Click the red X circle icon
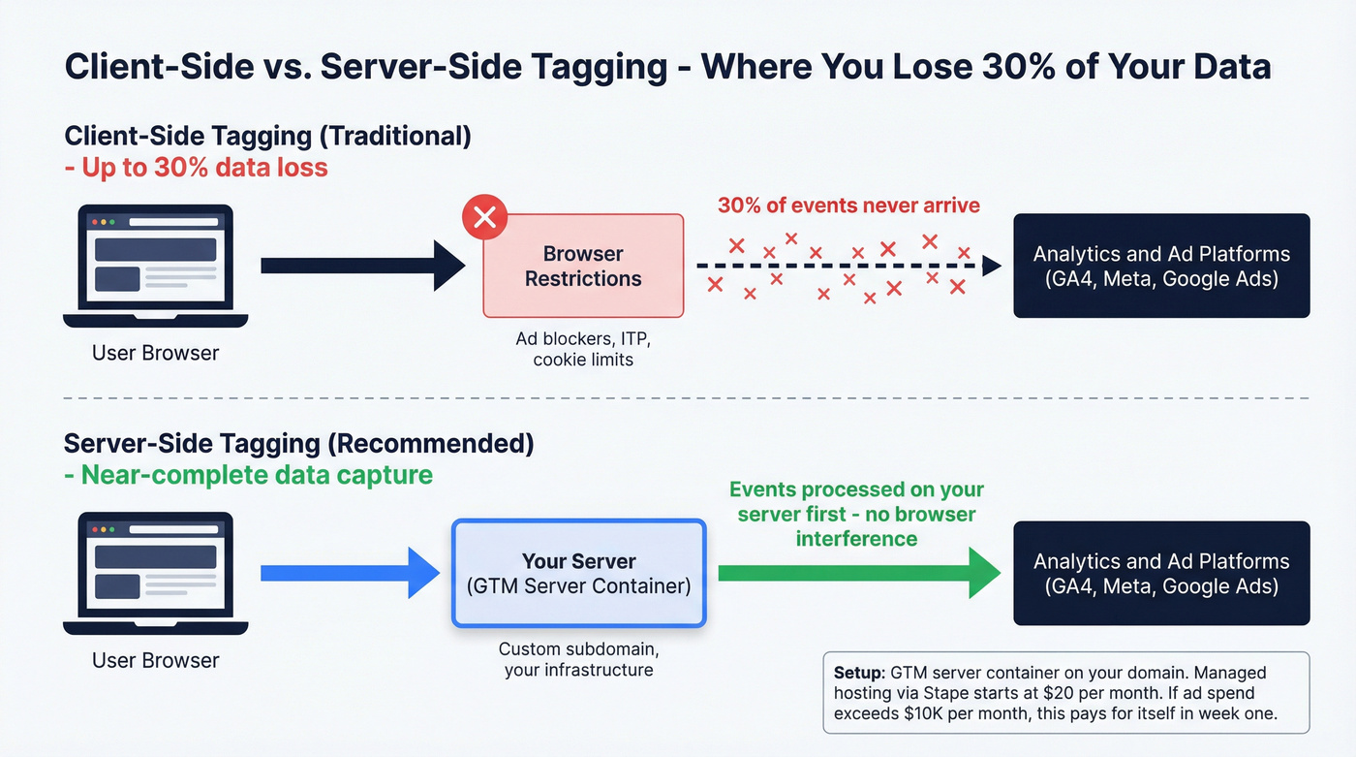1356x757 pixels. (485, 217)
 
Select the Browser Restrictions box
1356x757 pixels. (583, 267)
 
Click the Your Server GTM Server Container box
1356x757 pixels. (579, 574)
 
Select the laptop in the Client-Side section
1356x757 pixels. (155, 267)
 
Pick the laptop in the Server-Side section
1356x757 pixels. (155, 574)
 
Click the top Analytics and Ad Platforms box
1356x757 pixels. (1161, 267)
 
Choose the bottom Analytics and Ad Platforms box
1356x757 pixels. (1161, 574)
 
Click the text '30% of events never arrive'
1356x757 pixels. (848, 205)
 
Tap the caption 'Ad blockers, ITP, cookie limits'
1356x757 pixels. (583, 349)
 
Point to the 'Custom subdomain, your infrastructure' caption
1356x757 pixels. (578, 659)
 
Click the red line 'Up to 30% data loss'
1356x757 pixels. (196, 168)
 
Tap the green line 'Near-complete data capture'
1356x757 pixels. (248, 475)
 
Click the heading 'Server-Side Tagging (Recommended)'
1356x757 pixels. (298, 444)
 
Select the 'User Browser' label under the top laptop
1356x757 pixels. (155, 353)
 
